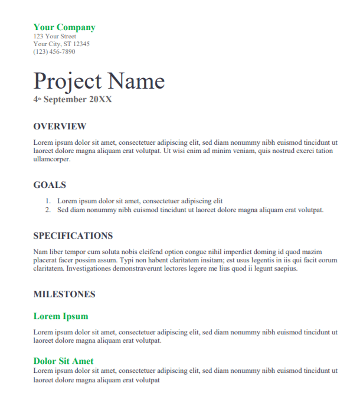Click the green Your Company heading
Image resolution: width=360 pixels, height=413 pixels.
(64, 27)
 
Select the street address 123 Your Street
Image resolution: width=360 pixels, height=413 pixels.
(55, 37)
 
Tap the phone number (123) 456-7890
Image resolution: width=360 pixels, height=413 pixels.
(54, 51)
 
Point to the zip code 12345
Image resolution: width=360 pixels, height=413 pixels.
(81, 44)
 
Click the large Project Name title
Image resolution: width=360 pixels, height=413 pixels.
(99, 80)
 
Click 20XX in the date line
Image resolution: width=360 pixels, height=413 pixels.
(100, 99)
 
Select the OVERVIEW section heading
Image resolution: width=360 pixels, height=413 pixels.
(60, 126)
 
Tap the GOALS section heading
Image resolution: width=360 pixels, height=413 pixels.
(50, 185)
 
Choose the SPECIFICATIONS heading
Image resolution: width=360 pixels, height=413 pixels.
(73, 236)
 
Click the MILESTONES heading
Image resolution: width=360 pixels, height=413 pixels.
(64, 294)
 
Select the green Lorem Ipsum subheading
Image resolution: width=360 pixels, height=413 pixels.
(61, 316)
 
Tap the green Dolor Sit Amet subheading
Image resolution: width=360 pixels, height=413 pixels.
(63, 361)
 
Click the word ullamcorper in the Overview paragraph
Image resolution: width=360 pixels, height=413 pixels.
(51, 159)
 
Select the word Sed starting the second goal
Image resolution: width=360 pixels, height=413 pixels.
(63, 210)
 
